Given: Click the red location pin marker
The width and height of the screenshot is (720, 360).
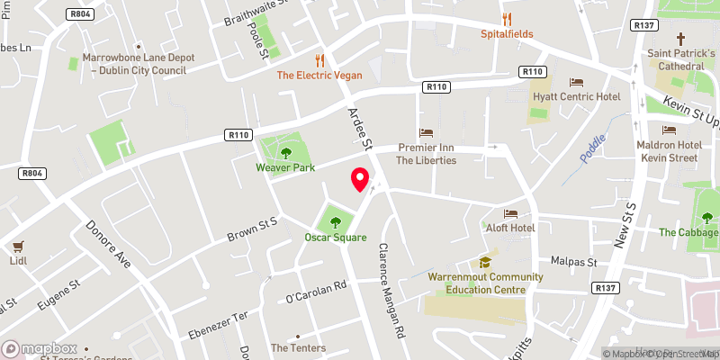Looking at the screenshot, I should [360, 179].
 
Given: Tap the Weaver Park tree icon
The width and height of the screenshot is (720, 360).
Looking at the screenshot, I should [286, 151].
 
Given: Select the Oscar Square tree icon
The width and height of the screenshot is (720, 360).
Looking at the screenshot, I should [336, 221].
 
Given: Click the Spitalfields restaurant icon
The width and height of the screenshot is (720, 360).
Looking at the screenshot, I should [507, 19].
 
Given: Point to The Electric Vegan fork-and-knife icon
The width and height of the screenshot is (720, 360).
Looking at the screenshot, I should [319, 59].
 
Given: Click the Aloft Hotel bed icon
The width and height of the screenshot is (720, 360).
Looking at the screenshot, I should [510, 214].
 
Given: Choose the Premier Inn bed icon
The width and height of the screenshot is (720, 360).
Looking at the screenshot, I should [426, 132].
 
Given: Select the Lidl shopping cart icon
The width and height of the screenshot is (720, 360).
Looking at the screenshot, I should [15, 245].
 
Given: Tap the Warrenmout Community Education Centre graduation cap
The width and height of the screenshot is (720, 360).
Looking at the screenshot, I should [485, 262].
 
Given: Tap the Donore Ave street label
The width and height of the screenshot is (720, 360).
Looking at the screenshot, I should [110, 246].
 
